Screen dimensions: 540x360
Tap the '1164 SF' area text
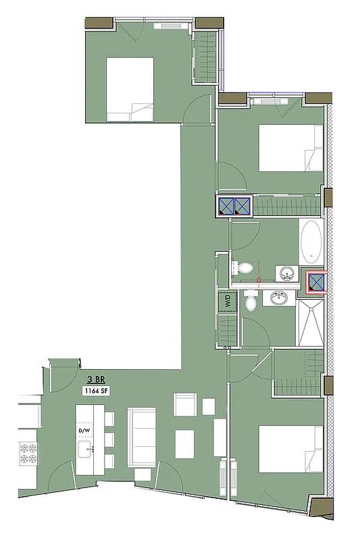coord(94,390)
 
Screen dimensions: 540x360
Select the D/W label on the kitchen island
coord(84,429)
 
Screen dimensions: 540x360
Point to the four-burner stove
coord(28,453)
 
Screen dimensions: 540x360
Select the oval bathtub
coord(311,241)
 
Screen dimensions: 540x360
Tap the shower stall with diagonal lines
coord(310,323)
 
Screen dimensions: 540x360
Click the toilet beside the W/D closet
coord(251,301)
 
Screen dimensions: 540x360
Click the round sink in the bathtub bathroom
coord(286,274)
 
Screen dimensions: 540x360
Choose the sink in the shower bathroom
coord(277,297)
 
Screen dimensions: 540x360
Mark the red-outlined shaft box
coord(316,282)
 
